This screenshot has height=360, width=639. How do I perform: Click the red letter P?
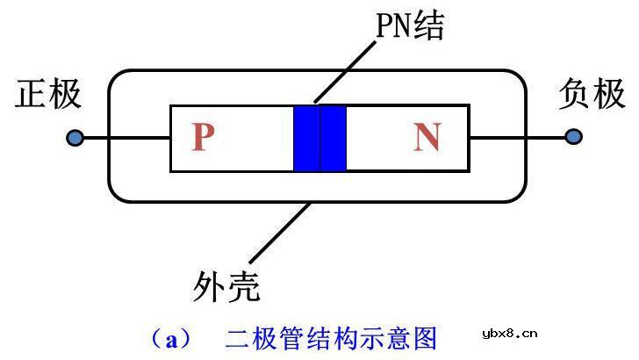point(203,138)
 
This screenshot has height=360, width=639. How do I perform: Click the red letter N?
point(427,138)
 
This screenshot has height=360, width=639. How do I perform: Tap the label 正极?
point(48,95)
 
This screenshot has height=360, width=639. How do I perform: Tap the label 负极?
point(591,94)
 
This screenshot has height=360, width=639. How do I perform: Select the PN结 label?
point(407,27)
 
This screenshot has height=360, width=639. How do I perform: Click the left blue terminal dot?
point(75,138)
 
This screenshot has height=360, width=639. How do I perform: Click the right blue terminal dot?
point(573,137)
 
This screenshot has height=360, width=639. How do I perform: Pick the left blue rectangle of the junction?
point(306,138)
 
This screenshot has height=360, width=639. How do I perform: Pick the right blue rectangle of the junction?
point(334,138)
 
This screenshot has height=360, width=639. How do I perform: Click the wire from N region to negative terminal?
point(518,138)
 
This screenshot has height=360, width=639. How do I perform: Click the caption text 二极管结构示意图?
point(332,337)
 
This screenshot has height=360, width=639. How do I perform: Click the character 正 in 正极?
point(32,95)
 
